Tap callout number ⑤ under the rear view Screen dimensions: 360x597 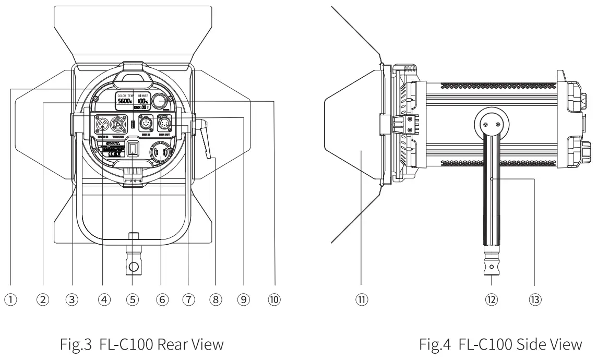click(x=133, y=299)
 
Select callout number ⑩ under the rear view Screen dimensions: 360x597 click(x=274, y=299)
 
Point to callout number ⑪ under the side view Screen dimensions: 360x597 click(x=361, y=299)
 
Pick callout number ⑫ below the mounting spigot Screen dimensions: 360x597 click(x=492, y=299)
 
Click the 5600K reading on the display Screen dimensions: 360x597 click(x=124, y=102)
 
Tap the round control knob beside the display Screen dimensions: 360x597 click(x=161, y=100)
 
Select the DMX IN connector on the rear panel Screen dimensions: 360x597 click(x=146, y=125)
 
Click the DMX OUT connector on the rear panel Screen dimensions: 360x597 click(x=165, y=125)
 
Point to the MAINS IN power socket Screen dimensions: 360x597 click(x=101, y=126)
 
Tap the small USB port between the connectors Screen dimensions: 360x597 click(x=133, y=125)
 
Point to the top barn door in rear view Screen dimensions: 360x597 click(x=133, y=31)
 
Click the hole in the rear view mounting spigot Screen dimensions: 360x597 click(x=133, y=267)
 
